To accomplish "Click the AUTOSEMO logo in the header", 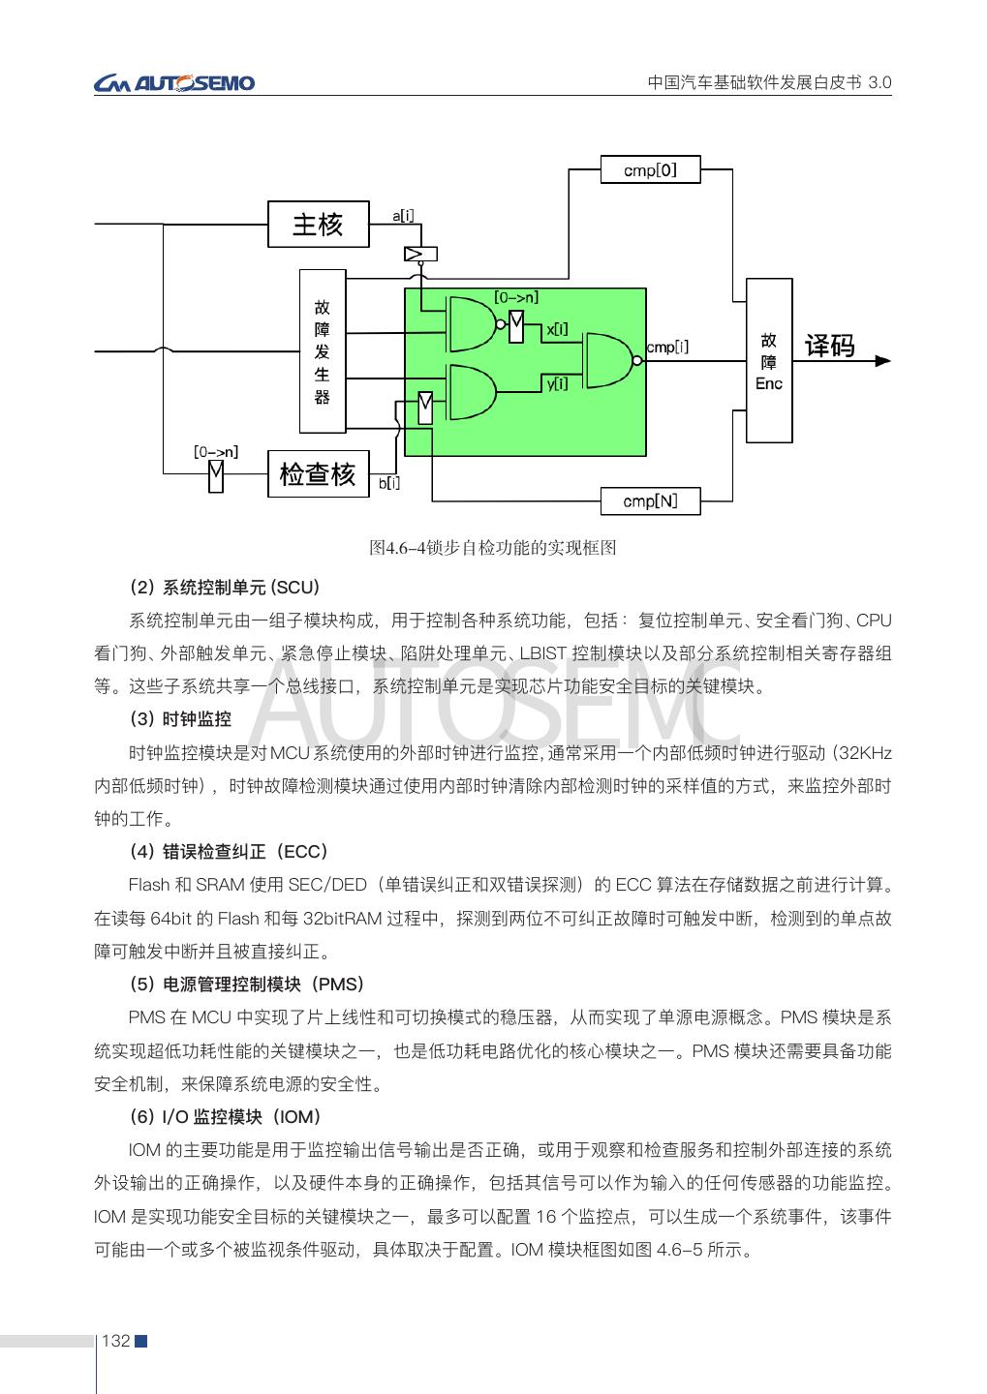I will tap(174, 83).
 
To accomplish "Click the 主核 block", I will tap(318, 225).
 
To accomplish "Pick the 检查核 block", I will tap(318, 474).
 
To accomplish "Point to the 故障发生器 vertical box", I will tap(322, 351).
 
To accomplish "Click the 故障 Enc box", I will tap(769, 360).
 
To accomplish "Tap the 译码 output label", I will tap(830, 347).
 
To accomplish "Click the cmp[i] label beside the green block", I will tap(667, 347).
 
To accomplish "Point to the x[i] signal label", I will tap(557, 330).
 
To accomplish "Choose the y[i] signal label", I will tap(557, 384).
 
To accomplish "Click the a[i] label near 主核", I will tap(404, 214).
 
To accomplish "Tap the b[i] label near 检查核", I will tap(388, 483).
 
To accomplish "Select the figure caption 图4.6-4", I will tap(493, 548).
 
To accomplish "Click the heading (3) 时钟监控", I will tap(180, 719).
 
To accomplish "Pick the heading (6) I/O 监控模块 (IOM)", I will tap(225, 1117).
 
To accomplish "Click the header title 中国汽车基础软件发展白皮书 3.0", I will tap(769, 83).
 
